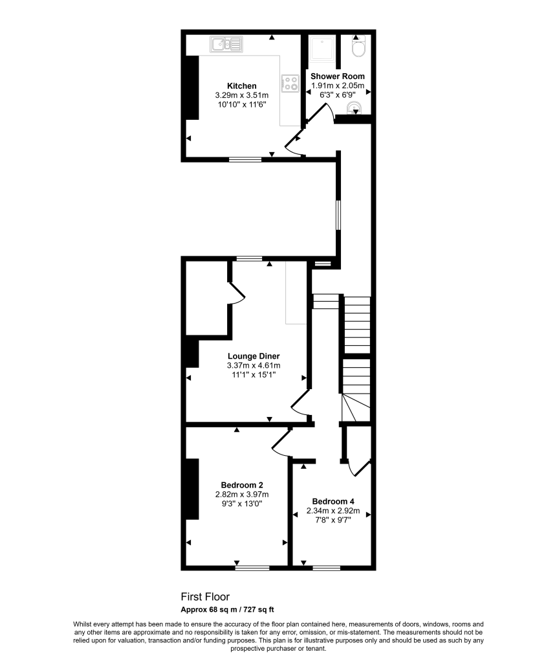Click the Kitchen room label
pyautogui.click(x=241, y=86)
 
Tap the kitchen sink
pyautogui.click(x=226, y=45)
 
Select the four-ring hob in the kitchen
pyautogui.click(x=289, y=83)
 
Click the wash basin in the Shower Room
pyautogui.click(x=353, y=107)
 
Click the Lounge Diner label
pyautogui.click(x=253, y=356)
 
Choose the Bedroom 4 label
pyautogui.click(x=333, y=501)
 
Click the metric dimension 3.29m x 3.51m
pyautogui.click(x=241, y=95)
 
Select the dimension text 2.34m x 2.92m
pyautogui.click(x=333, y=510)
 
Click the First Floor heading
pyautogui.click(x=204, y=597)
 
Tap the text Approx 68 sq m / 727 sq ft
pyautogui.click(x=227, y=609)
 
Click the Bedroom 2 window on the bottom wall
pyautogui.click(x=252, y=568)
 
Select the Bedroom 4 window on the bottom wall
pyautogui.click(x=326, y=568)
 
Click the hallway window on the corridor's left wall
pyautogui.click(x=337, y=214)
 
